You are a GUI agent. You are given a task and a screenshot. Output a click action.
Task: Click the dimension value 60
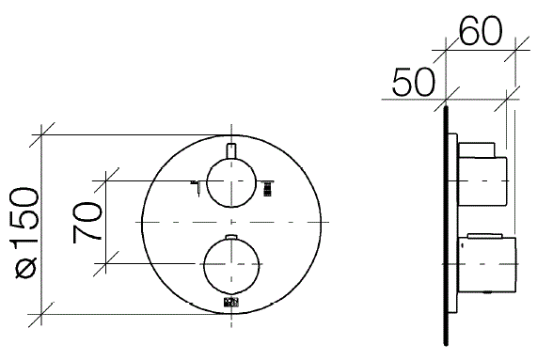[x=481, y=31]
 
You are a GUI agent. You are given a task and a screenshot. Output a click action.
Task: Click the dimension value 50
[x=414, y=82]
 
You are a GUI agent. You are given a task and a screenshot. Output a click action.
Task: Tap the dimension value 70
[x=87, y=223]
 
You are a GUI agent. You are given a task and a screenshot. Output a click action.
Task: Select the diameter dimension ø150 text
[x=25, y=232]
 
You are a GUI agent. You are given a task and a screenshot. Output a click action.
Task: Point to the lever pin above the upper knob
[x=232, y=151]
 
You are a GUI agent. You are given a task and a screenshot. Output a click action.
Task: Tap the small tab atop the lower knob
[x=232, y=237]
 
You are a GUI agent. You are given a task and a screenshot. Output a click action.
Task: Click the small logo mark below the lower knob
[x=231, y=303]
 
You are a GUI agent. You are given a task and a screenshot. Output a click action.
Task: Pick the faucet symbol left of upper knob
[x=197, y=187]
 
